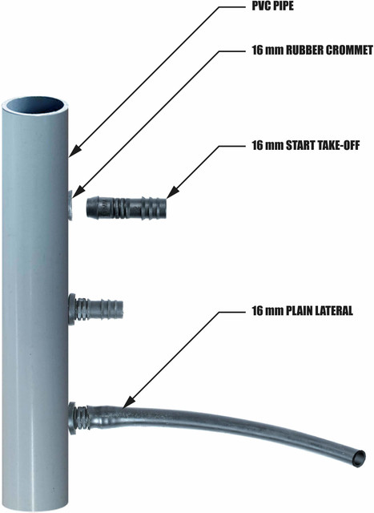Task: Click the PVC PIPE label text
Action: (272, 6)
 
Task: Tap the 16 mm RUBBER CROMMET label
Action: (312, 50)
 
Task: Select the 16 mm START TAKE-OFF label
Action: (305, 145)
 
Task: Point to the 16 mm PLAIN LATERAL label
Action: (302, 310)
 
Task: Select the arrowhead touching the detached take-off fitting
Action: (172, 192)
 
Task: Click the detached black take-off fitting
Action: (127, 208)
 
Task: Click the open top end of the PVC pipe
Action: (35, 106)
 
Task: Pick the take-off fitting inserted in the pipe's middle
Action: (96, 309)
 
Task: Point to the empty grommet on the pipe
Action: (70, 205)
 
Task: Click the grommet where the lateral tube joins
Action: (72, 418)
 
